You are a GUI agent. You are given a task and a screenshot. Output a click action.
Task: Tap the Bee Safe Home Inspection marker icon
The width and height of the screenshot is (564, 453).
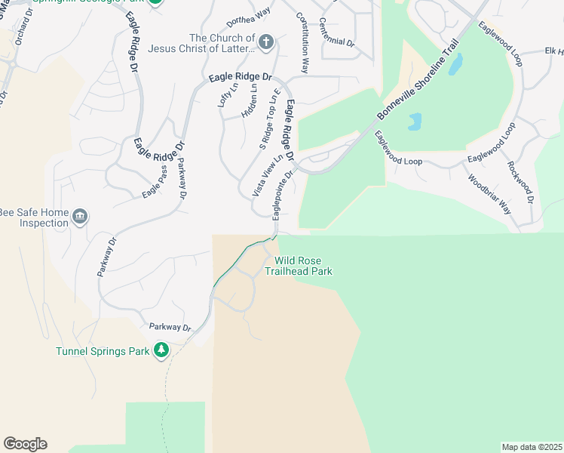pos(79,218)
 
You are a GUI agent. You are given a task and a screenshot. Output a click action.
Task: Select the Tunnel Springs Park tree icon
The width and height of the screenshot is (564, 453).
pos(161,350)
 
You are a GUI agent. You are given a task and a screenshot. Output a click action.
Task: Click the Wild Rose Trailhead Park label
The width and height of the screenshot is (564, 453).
pos(298,267)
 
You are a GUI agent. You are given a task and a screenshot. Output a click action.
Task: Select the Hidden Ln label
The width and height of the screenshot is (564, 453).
pos(250,100)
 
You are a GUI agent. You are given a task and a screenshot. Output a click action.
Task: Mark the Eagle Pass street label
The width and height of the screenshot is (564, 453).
pos(155,183)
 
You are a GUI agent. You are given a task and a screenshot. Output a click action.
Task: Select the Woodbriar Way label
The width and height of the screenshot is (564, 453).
pos(489,195)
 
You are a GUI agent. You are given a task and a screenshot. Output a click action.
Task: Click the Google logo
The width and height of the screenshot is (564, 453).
pos(25,443)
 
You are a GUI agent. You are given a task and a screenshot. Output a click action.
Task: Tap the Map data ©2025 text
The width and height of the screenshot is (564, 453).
pos(532,447)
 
